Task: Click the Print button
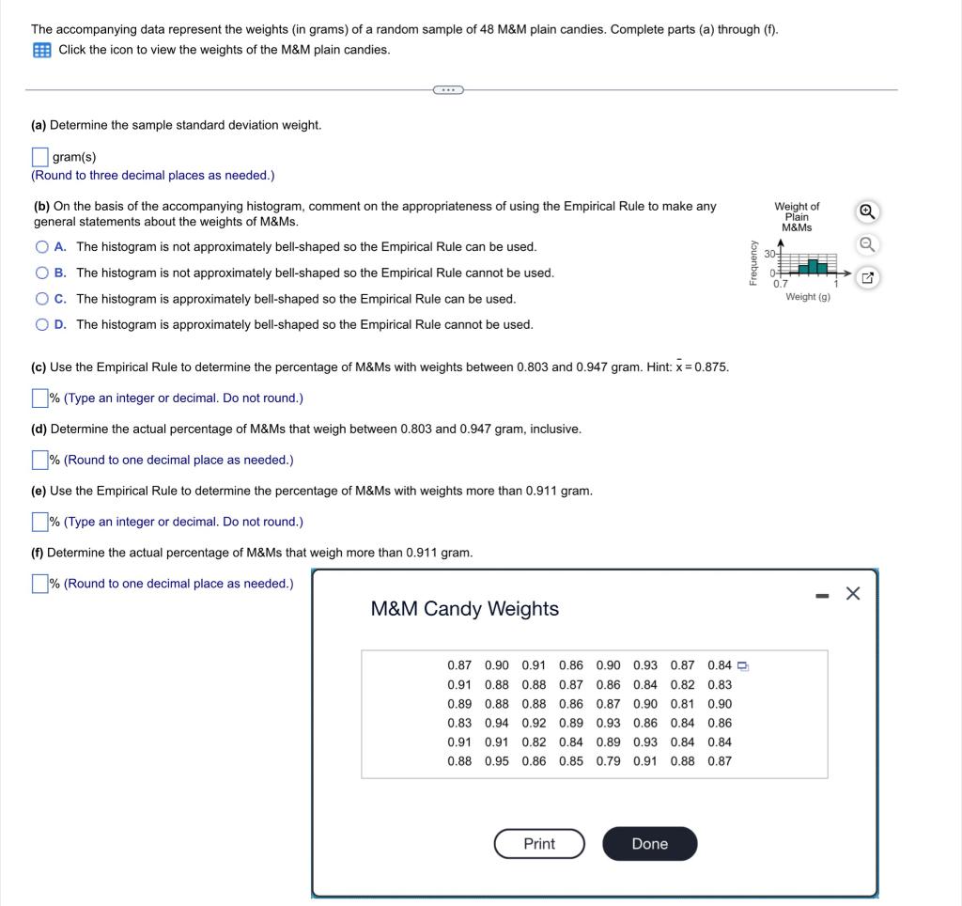click(x=539, y=844)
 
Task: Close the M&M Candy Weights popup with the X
click(x=852, y=593)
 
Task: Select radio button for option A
click(x=42, y=247)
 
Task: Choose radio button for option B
click(x=42, y=273)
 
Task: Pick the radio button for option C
click(x=42, y=299)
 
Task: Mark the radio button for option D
click(x=42, y=324)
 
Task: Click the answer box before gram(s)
click(x=40, y=157)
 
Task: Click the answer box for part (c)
click(x=40, y=398)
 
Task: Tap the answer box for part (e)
click(x=40, y=522)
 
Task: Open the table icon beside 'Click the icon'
click(x=42, y=50)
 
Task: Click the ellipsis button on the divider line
click(x=448, y=90)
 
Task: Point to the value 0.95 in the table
click(x=497, y=761)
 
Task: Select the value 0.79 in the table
click(x=608, y=761)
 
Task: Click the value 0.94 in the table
click(x=497, y=723)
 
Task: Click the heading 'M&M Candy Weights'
click(x=465, y=609)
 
